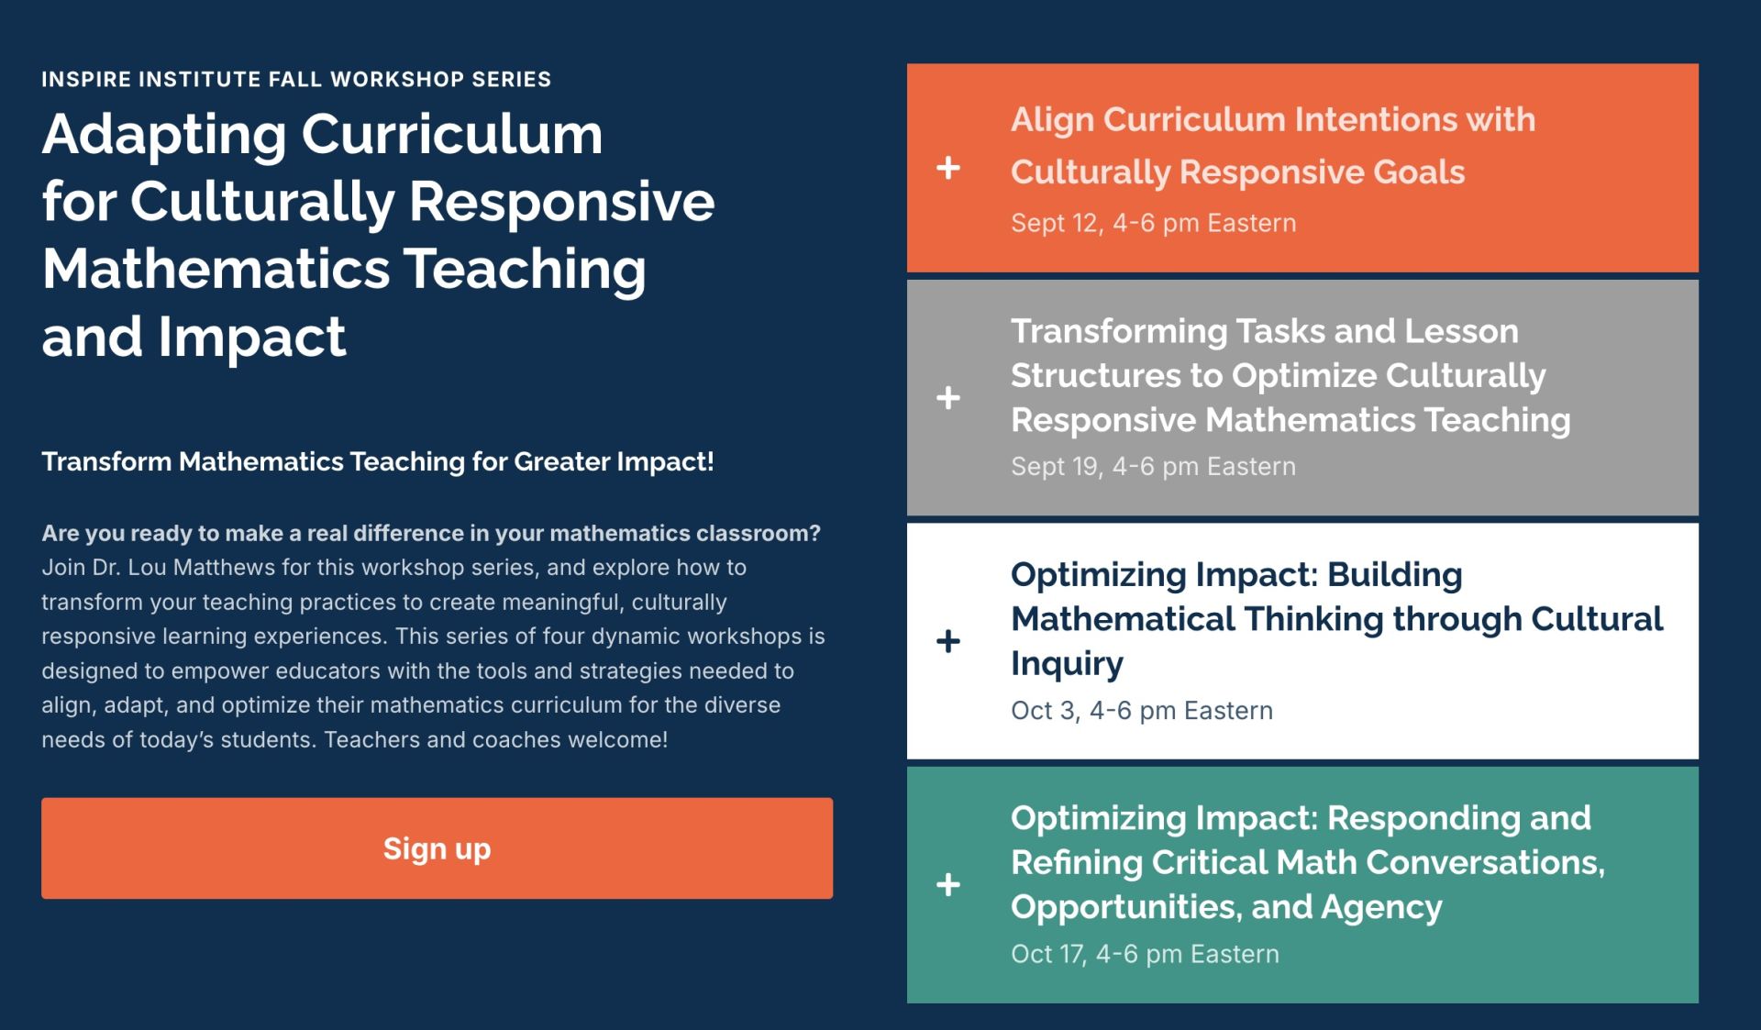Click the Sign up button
pyautogui.click(x=437, y=848)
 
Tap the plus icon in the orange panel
pyautogui.click(x=948, y=168)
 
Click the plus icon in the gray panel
pyautogui.click(x=948, y=397)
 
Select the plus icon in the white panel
pyautogui.click(x=948, y=641)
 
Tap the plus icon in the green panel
pyautogui.click(x=948, y=884)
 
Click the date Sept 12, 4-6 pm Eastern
pyautogui.click(x=1153, y=223)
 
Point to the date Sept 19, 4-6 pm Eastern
pyautogui.click(x=1153, y=466)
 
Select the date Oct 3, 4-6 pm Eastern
pyautogui.click(x=1141, y=711)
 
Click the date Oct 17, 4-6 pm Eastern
pyautogui.click(x=1144, y=954)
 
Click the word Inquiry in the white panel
pyautogui.click(x=1067, y=663)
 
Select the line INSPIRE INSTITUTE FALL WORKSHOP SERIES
pyautogui.click(x=296, y=79)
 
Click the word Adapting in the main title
pyautogui.click(x=164, y=135)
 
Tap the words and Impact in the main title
pyautogui.click(x=194, y=337)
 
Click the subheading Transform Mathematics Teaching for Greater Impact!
pyautogui.click(x=377, y=461)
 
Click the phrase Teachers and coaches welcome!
pyautogui.click(x=495, y=739)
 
